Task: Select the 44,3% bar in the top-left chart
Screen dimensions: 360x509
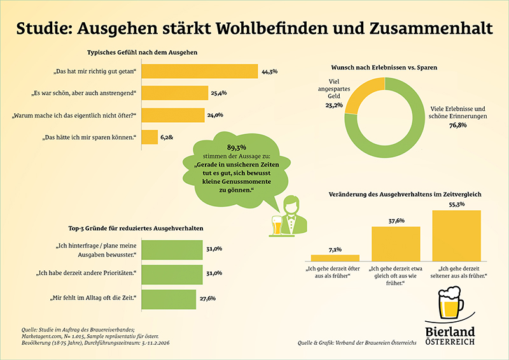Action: [x=199, y=72]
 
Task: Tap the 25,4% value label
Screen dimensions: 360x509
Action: [x=218, y=93]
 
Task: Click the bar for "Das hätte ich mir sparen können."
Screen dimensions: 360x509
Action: [x=149, y=137]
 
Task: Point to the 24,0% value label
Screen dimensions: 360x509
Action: [x=216, y=115]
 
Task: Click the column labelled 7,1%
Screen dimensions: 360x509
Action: [x=335, y=258]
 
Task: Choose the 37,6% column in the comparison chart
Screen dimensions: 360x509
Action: [x=395, y=244]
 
